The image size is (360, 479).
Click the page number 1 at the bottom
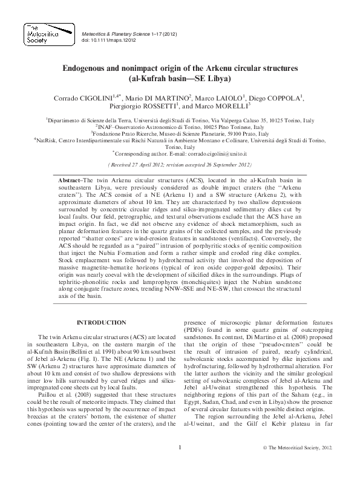click(x=180, y=464)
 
